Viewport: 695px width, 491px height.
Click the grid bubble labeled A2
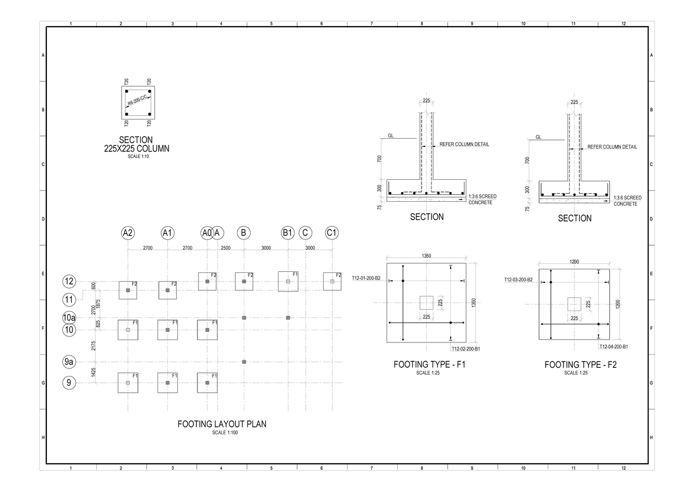[x=127, y=233]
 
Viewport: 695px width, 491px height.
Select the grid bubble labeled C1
[x=332, y=233]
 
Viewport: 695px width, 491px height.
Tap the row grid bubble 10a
[x=69, y=318]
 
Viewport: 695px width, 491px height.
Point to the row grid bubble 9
[x=69, y=382]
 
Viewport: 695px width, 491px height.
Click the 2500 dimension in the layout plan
[x=226, y=248]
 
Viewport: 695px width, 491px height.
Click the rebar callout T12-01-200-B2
[x=366, y=278]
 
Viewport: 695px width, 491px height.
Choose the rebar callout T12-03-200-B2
[x=518, y=279]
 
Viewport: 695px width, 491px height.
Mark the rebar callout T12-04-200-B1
[x=614, y=346]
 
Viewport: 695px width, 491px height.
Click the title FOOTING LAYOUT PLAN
[x=222, y=424]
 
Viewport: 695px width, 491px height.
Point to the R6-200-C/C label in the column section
[x=138, y=102]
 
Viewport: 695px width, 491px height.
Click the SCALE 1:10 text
[x=136, y=157]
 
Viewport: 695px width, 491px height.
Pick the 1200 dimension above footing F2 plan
[x=574, y=261]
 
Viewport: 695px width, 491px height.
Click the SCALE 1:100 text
[x=222, y=433]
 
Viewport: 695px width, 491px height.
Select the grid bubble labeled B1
[x=288, y=233]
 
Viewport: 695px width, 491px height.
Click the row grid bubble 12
[x=69, y=282]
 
